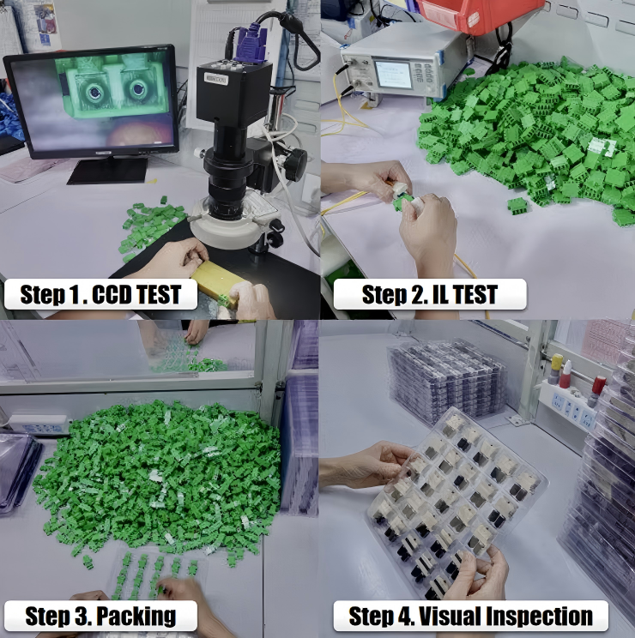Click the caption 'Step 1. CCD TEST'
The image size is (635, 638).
[x=100, y=294]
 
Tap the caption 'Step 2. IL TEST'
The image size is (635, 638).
[x=430, y=294]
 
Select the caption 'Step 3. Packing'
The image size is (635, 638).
[x=100, y=616]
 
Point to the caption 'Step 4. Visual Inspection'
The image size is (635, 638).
[x=470, y=616]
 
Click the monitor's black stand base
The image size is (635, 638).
[x=108, y=170]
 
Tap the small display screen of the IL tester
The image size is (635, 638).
[x=393, y=74]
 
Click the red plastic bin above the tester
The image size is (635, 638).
[x=481, y=15]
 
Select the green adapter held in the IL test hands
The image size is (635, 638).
[x=402, y=201]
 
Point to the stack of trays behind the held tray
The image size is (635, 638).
[x=448, y=381]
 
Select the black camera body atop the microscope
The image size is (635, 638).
[x=233, y=93]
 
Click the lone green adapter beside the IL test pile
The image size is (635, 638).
[x=517, y=206]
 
